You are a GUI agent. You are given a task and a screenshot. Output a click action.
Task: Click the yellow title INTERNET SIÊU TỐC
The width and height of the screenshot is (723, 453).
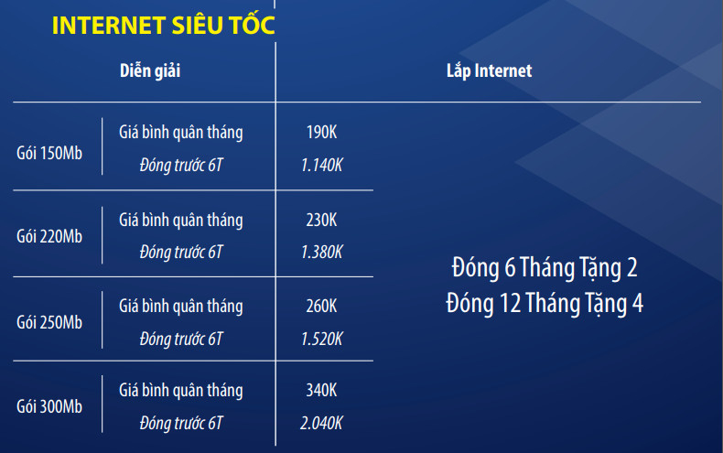click(x=164, y=25)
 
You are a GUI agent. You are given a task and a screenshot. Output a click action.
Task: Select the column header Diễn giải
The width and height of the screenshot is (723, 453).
click(x=150, y=71)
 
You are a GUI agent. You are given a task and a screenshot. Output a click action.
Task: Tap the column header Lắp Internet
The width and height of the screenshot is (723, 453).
click(x=490, y=70)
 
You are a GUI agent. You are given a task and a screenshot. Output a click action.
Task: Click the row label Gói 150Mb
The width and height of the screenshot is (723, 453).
click(x=49, y=153)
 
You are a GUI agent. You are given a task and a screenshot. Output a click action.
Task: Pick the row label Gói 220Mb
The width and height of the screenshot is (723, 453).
click(x=49, y=237)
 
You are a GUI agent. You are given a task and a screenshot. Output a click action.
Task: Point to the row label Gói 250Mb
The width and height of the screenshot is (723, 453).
click(x=49, y=322)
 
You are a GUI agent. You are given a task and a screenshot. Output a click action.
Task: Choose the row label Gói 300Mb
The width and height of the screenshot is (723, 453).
click(x=49, y=406)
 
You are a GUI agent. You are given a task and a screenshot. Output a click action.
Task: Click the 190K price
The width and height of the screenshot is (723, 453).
click(x=322, y=133)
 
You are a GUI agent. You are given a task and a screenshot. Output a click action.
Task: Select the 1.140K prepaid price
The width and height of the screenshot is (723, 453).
click(x=322, y=165)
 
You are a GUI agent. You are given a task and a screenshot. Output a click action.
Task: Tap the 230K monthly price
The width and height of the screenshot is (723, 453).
click(x=322, y=220)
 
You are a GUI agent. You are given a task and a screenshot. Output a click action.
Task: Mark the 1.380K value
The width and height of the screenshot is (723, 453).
click(x=322, y=253)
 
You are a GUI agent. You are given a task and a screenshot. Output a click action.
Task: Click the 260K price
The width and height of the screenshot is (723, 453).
click(x=322, y=307)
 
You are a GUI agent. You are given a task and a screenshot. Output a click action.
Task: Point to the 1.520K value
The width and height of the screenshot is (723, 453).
click(x=322, y=339)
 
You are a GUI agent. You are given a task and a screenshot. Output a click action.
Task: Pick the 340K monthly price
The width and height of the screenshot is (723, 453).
click(x=322, y=391)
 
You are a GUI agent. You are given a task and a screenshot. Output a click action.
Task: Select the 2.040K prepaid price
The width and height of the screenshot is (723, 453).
click(x=321, y=423)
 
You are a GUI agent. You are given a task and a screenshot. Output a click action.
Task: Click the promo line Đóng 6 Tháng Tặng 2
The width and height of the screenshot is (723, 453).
click(x=545, y=268)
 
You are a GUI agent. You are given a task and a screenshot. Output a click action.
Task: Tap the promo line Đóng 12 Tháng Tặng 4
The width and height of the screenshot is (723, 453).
click(x=545, y=304)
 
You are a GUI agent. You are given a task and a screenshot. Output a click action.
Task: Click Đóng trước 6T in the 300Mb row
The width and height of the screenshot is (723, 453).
click(x=181, y=424)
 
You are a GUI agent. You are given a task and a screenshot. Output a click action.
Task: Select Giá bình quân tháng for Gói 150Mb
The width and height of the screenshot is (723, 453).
click(x=181, y=133)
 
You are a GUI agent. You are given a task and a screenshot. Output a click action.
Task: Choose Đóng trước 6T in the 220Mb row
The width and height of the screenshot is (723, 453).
click(x=181, y=253)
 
